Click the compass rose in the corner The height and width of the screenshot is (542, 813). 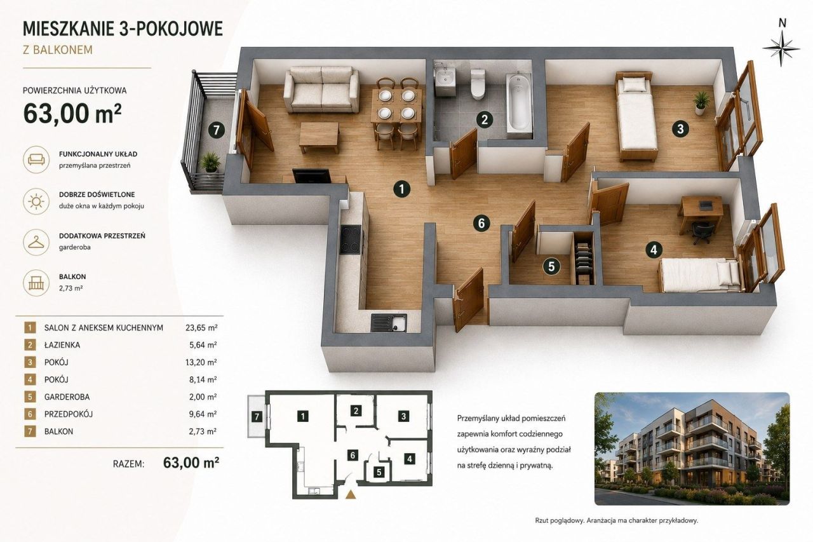click(781, 48)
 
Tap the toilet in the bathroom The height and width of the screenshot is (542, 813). click(477, 85)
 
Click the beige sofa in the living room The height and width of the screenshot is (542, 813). click(321, 90)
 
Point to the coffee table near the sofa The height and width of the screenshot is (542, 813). click(319, 137)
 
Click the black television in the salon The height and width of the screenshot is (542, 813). click(311, 176)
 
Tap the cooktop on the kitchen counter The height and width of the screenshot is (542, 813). click(351, 240)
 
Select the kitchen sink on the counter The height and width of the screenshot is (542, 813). click(389, 323)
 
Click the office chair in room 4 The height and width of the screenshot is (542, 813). click(702, 232)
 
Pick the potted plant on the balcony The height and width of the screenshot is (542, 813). click(210, 162)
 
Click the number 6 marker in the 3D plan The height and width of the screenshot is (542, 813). click(481, 223)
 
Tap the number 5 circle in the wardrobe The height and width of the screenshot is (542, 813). click(551, 266)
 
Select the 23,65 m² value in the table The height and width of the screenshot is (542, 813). click(201, 328)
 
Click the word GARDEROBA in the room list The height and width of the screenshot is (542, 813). click(67, 396)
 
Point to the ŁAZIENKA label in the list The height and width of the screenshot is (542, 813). click(62, 345)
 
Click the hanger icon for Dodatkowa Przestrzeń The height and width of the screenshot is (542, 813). click(36, 242)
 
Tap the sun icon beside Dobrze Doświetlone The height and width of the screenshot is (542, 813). click(36, 201)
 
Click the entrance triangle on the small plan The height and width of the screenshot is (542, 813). click(350, 494)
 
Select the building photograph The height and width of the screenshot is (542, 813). click(692, 449)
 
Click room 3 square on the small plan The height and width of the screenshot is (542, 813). click(403, 416)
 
